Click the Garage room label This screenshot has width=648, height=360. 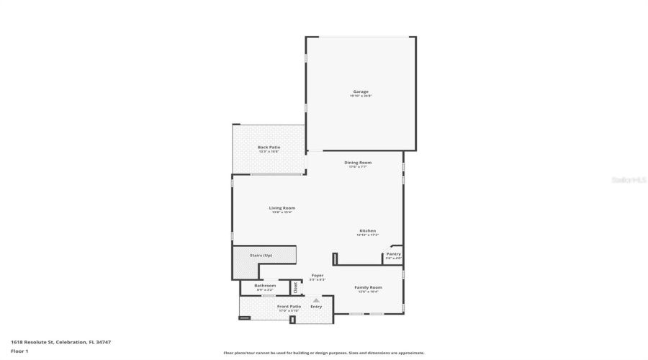tap(361, 91)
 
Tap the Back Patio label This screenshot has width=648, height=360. tap(269, 147)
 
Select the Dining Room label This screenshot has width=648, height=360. tap(358, 162)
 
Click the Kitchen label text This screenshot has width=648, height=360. tap(367, 230)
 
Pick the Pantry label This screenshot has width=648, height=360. tap(393, 253)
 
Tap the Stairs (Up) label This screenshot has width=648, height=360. tap(261, 255)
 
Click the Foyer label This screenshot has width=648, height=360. tap(317, 275)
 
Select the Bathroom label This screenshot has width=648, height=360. tap(264, 285)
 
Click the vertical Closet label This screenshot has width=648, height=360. tap(295, 287)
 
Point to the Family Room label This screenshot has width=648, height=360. tap(368, 287)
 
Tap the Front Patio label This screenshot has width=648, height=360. tap(289, 306)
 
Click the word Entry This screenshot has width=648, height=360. tap(316, 306)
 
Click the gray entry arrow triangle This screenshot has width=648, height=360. tap(315, 300)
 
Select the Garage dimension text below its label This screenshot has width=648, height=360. tap(361, 96)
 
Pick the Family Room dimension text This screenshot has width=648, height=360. tap(368, 292)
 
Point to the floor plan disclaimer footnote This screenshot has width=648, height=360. tap(324, 353)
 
